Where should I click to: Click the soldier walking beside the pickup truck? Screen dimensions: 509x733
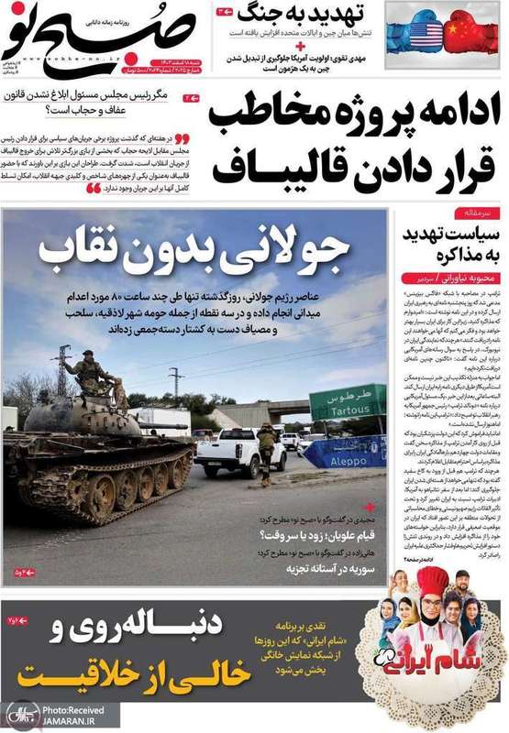(267, 449)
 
